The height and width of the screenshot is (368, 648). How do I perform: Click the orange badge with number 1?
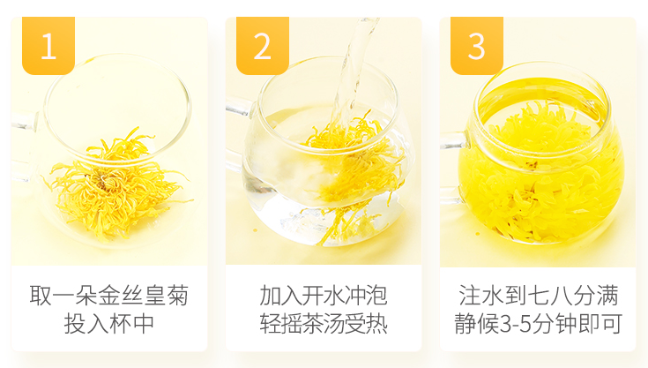point(48,46)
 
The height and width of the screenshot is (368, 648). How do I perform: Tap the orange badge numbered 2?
point(263,46)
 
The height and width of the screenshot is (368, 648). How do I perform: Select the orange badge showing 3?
point(476,46)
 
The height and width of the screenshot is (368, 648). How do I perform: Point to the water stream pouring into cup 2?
point(351,71)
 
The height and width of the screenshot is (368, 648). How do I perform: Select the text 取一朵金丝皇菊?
point(109,296)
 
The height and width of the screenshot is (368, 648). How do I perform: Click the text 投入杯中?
point(109,323)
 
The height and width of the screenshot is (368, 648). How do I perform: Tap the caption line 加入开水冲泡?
point(324,296)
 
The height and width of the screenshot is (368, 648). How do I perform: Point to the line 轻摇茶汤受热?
point(324,323)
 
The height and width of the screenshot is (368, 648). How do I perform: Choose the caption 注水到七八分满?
point(538,296)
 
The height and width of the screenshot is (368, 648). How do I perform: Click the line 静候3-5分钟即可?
point(538,323)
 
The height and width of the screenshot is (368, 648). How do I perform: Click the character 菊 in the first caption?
point(178,296)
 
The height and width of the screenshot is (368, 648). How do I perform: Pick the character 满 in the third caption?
point(607,296)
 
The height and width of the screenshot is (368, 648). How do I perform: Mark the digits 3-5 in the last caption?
point(516,324)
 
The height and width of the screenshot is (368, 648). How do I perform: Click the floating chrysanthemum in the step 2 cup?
point(351,165)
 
